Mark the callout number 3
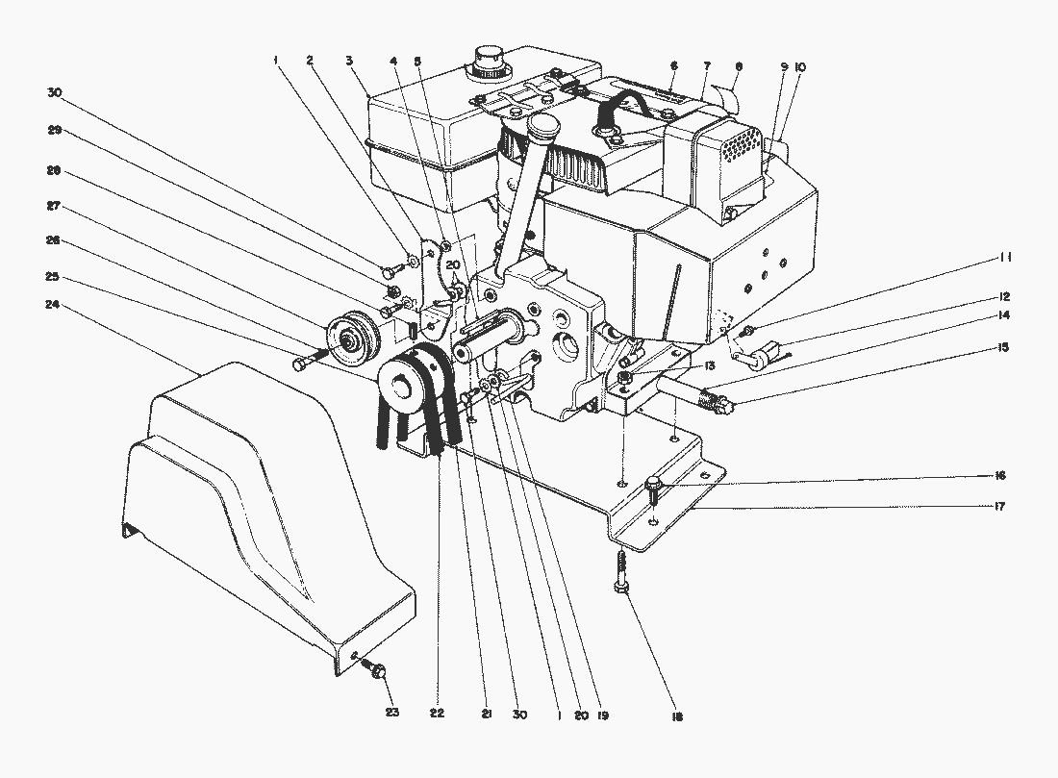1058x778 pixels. point(349,60)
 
